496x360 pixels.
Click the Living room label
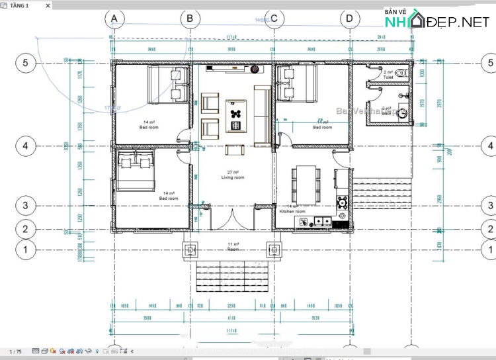(232, 177)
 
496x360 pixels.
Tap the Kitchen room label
(292, 211)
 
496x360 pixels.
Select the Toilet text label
(388, 77)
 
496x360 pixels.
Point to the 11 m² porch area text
(232, 244)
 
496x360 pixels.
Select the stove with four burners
(343, 201)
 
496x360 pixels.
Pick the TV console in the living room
(235, 67)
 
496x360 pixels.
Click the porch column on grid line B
(190, 249)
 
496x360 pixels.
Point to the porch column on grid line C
(274, 249)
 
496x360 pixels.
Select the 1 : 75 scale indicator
(15, 351)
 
